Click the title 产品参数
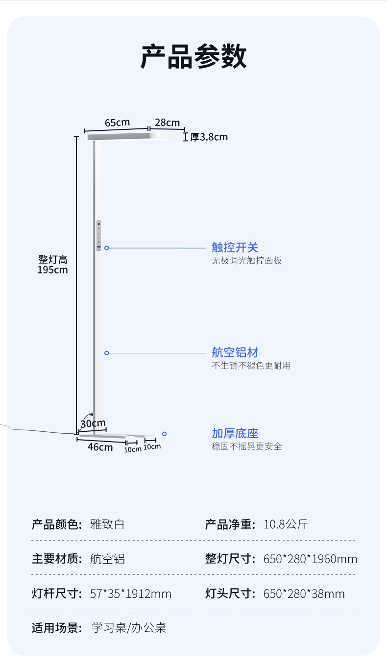193,57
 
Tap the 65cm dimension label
117,123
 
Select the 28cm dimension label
168,123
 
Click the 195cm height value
53,270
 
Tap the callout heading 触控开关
235,247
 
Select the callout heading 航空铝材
235,352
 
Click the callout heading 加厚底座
235,433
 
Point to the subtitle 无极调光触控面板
246,261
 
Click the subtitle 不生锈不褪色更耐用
251,366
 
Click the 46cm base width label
100,447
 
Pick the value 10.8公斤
286,524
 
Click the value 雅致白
108,524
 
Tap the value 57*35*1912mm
131,594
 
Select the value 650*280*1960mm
310,559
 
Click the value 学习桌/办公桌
129,628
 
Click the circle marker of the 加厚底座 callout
165,434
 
